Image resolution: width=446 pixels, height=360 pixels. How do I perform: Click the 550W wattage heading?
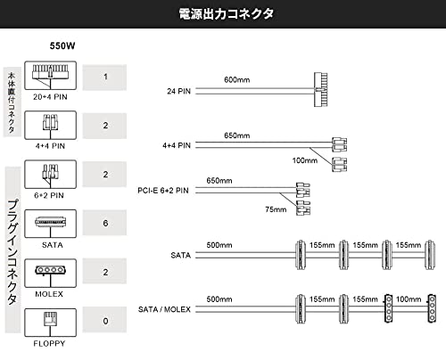coord(62,46)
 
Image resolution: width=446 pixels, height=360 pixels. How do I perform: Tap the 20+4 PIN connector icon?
coord(50,76)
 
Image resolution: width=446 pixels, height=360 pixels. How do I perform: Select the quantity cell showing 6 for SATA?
coord(104,223)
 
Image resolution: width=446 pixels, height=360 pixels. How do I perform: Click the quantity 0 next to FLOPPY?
coord(104,321)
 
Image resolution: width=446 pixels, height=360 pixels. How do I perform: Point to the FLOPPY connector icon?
coord(50,323)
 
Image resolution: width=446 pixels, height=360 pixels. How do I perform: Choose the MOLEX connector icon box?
coord(50,273)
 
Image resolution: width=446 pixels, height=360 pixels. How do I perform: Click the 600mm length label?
coord(237,79)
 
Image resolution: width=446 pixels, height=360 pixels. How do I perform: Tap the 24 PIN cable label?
coord(178,91)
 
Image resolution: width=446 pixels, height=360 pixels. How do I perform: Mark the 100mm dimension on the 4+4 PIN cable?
coord(305,160)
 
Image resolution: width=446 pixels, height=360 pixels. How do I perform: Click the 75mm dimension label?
coord(276,209)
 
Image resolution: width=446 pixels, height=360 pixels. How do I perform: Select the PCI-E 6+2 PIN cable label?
coord(163,191)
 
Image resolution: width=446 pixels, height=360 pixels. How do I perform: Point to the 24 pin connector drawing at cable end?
coord(321,89)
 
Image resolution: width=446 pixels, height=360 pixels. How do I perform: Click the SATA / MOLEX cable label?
coord(164,309)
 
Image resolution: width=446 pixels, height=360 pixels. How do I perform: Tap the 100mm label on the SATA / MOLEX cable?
coord(409,299)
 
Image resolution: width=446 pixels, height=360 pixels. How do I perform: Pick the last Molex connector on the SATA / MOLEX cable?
coord(432,308)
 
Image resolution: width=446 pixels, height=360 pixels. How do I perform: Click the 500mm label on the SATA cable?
coord(219,245)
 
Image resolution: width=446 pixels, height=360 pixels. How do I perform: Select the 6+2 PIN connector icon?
coord(50,175)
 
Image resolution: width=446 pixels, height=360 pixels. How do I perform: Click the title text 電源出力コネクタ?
coord(226,14)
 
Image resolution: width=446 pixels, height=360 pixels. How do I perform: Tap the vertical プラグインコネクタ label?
coord(12,252)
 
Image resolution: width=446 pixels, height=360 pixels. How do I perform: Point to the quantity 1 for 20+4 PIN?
coord(104,77)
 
